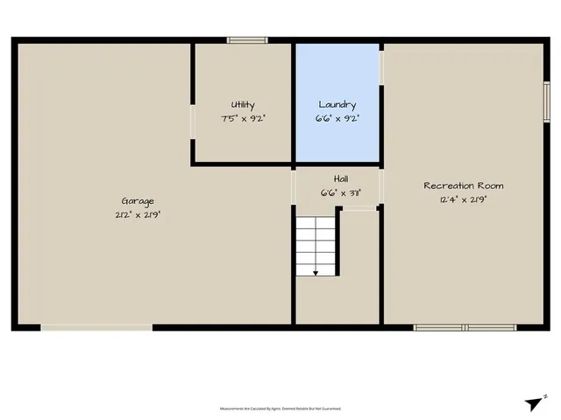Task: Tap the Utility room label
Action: pos(243,104)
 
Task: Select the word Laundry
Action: pos(337,104)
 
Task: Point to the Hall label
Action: pos(338,178)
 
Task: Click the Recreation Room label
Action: pos(464,185)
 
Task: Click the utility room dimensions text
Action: pos(243,116)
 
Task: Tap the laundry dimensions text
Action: pos(337,116)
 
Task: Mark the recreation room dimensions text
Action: pos(464,199)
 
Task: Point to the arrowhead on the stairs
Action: pos(316,273)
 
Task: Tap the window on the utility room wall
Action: pos(247,40)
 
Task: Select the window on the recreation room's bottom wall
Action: pos(453,328)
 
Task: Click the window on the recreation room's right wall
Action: pos(546,103)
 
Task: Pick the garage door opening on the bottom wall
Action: pos(96,328)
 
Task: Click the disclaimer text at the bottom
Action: pos(280,408)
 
